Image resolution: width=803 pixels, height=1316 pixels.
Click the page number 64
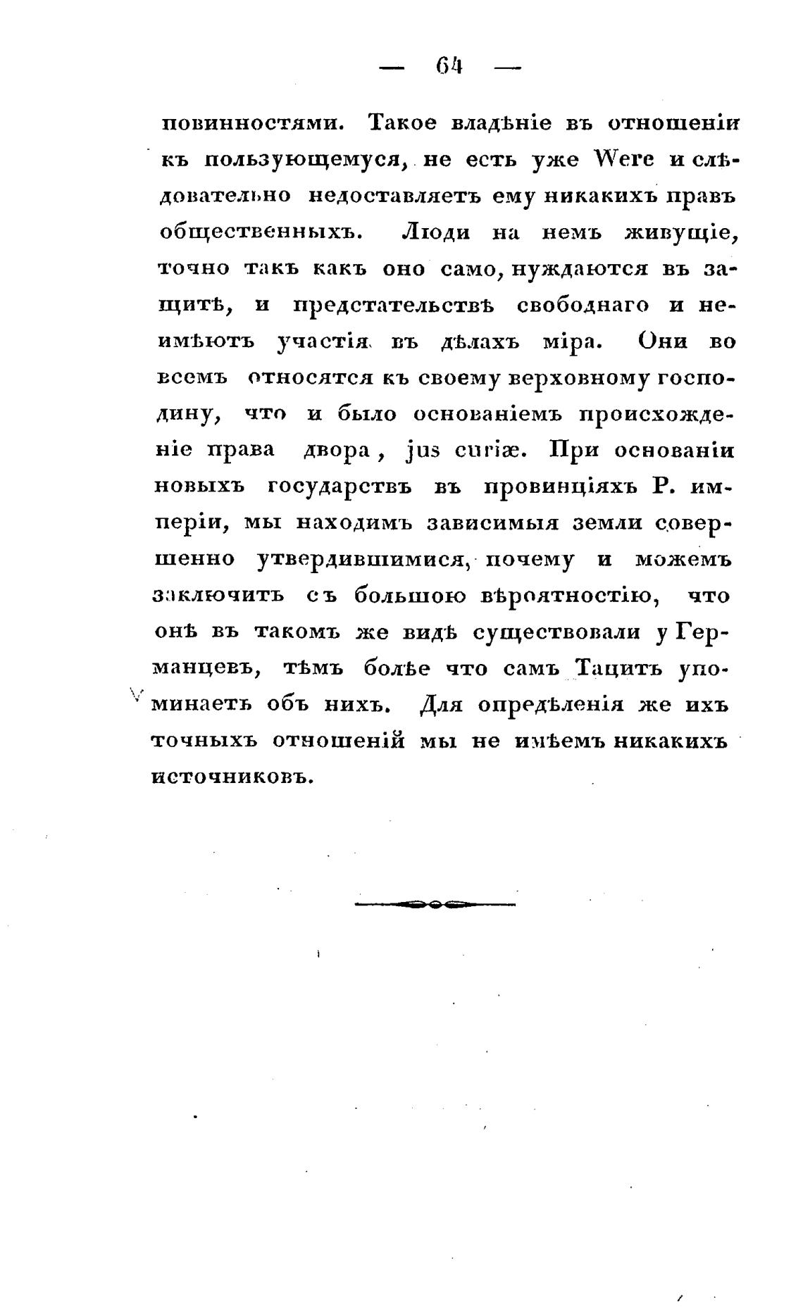(x=449, y=67)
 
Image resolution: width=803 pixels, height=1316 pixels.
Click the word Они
(x=668, y=342)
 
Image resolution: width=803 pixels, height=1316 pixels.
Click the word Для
(x=440, y=705)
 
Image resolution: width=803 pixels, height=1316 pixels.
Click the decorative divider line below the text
(x=435, y=904)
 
